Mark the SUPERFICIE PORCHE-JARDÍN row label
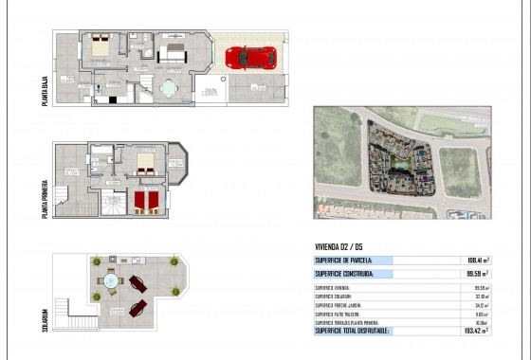(x=341, y=305)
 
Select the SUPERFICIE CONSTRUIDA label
(x=344, y=274)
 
